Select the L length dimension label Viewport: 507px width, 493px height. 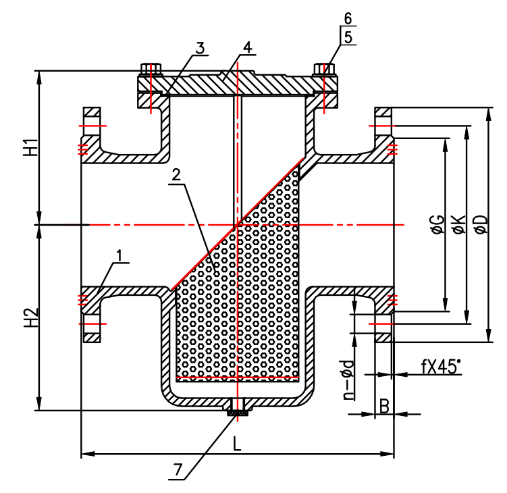coord(237,444)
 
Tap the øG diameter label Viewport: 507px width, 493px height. coord(437,224)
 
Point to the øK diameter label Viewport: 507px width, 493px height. coord(458,224)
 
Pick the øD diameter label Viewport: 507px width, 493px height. coord(481,224)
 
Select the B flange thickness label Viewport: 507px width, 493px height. coord(384,406)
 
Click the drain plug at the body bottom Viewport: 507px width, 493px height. coord(236,407)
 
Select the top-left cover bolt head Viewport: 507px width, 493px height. coord(150,68)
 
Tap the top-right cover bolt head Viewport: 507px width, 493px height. coord(324,68)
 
